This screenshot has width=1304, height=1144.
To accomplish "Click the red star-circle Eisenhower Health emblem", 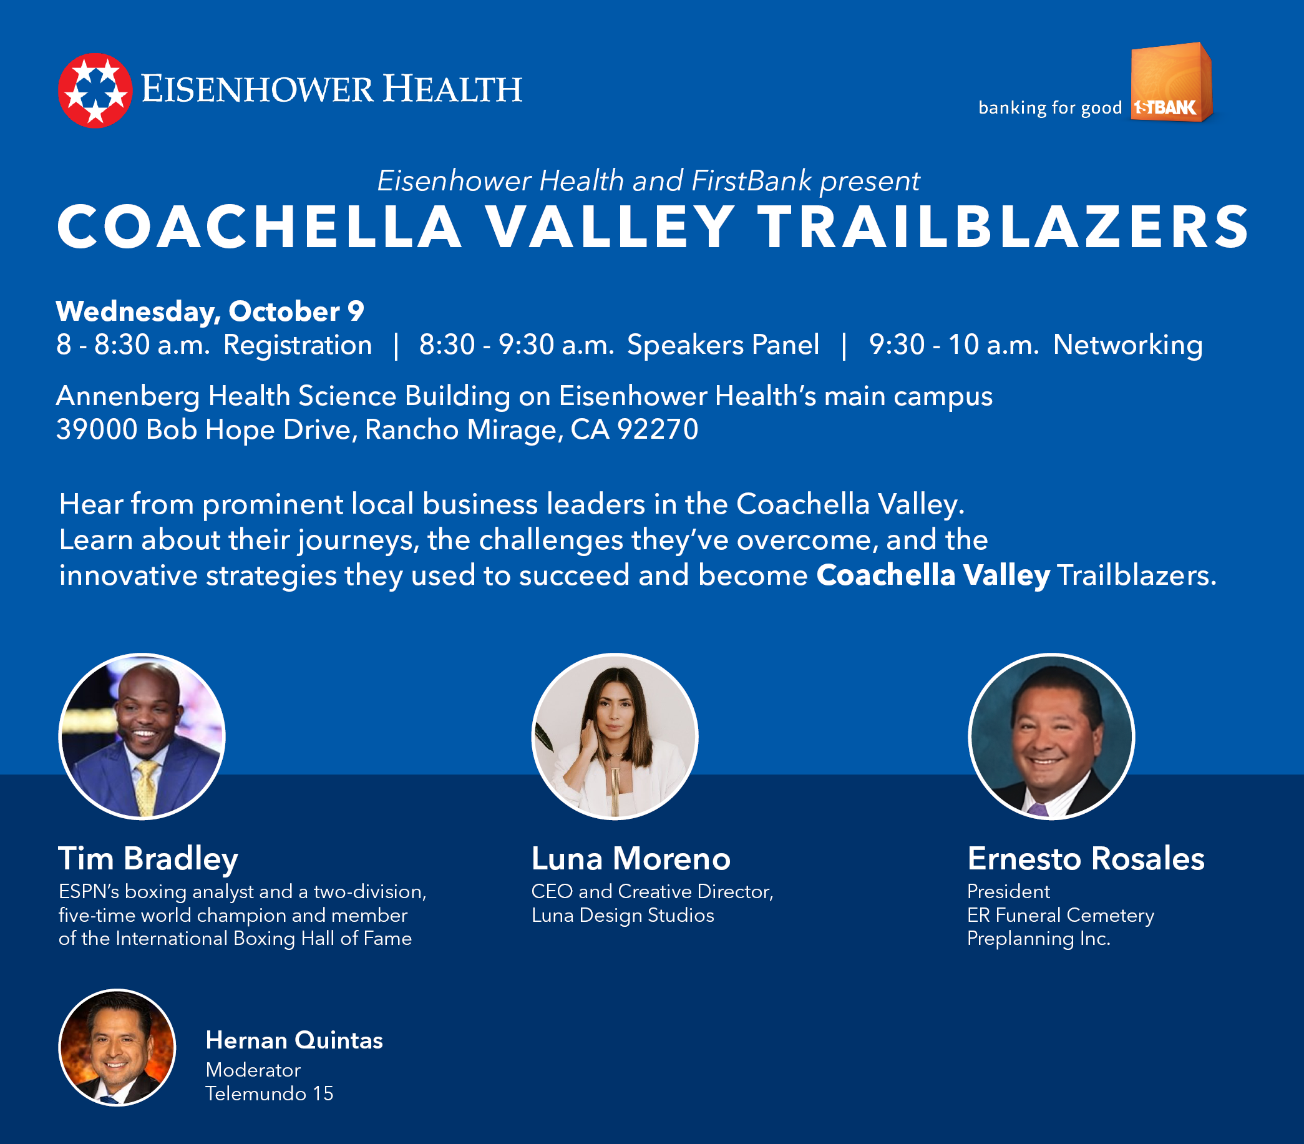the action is (95, 90).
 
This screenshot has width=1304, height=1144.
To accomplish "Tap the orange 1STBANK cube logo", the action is (1171, 82).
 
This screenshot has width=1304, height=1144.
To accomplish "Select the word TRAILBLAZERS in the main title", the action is (1003, 227).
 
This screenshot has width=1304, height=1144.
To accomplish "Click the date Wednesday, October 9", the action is (210, 311).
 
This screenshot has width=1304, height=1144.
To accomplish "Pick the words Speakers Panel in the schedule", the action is (723, 345).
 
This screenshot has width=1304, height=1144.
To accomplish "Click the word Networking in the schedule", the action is (1127, 345).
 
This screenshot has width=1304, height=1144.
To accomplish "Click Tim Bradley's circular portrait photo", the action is (142, 736).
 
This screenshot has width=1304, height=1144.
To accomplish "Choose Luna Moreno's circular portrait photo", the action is (615, 736).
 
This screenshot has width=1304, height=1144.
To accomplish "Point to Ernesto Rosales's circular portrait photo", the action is (1051, 736).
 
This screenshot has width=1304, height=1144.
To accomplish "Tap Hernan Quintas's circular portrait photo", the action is (117, 1047).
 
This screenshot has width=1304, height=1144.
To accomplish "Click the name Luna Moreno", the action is (631, 859).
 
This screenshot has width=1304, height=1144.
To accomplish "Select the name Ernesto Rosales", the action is (1086, 859).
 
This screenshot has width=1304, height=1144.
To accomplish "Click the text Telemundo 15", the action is (269, 1093).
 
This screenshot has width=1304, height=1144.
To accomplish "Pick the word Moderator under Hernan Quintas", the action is (253, 1070).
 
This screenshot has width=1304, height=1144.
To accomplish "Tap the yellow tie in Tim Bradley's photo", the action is (147, 788).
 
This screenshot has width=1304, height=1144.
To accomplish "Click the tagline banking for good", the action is (1050, 108).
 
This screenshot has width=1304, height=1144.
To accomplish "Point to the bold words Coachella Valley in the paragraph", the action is (933, 575).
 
